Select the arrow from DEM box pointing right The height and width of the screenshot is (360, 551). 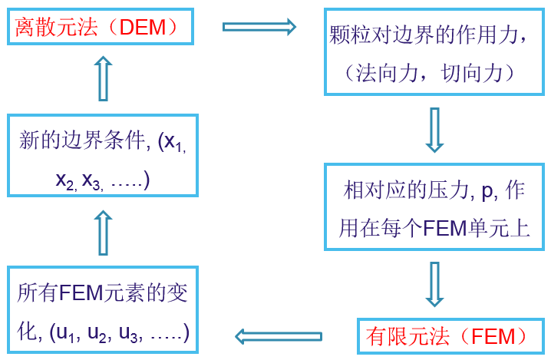click(259, 27)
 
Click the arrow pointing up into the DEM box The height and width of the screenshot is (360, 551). click(103, 78)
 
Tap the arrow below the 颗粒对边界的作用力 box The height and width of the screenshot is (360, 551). click(435, 130)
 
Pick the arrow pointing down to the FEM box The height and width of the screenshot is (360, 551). click(435, 284)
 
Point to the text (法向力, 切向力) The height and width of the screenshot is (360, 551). click(434, 73)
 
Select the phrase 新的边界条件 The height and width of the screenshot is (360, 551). click(83, 142)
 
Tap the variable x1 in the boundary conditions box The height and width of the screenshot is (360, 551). click(174, 144)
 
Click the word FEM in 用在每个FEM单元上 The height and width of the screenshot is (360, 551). click(444, 229)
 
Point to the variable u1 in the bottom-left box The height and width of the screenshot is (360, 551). click(67, 333)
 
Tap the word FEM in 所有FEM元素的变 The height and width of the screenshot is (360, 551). click(82, 294)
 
